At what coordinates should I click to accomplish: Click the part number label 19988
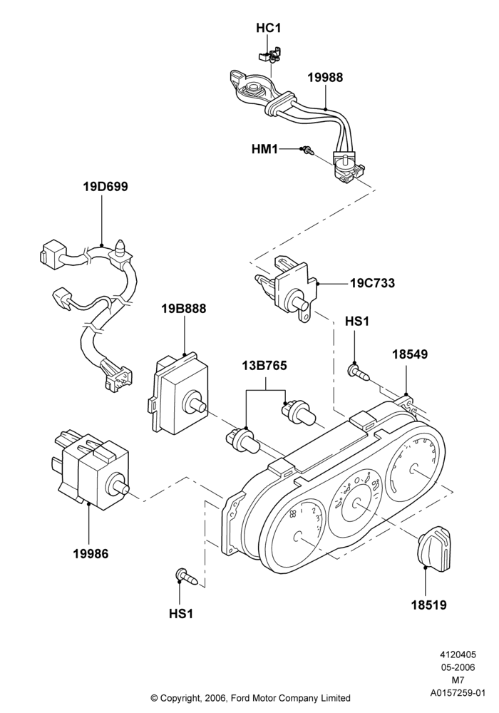pyautogui.click(x=325, y=78)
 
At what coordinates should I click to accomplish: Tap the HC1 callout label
pyautogui.click(x=269, y=29)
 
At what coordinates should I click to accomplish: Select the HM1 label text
pyautogui.click(x=264, y=149)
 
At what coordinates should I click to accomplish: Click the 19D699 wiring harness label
pyautogui.click(x=106, y=186)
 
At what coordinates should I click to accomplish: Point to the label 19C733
pyautogui.click(x=372, y=283)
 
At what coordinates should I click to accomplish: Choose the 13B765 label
pyautogui.click(x=264, y=365)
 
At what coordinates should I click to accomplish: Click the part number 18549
pyautogui.click(x=410, y=354)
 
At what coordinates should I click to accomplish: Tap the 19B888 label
pyautogui.click(x=184, y=308)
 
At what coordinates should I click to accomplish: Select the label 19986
pyautogui.click(x=91, y=554)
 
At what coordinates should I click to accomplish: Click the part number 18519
pyautogui.click(x=429, y=605)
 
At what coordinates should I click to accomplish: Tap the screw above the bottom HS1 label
pyautogui.click(x=186, y=577)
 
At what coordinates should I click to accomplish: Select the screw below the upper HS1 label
pyautogui.click(x=359, y=371)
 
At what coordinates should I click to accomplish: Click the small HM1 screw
pyautogui.click(x=308, y=149)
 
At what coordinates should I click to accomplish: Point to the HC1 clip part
pyautogui.click(x=270, y=56)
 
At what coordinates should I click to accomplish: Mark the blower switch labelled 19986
pyautogui.click(x=91, y=471)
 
